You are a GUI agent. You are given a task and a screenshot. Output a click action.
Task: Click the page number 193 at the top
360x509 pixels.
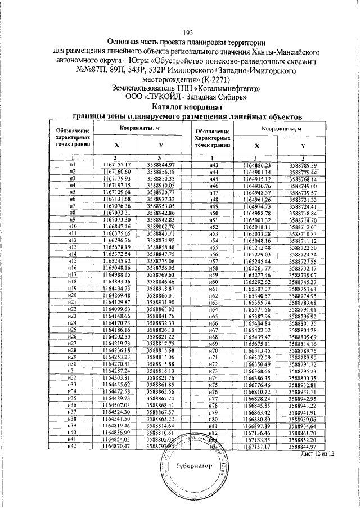pyautogui.click(x=180, y=31)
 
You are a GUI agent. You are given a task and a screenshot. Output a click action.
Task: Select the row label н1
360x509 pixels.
pyautogui.click(x=72, y=164)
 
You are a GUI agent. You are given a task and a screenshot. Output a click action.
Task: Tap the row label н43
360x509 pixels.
pyautogui.click(x=213, y=164)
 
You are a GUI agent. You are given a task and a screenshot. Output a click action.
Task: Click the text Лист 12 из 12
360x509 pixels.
pyautogui.click(x=317, y=453)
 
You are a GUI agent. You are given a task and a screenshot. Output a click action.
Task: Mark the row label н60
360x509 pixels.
pyautogui.click(x=213, y=281)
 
